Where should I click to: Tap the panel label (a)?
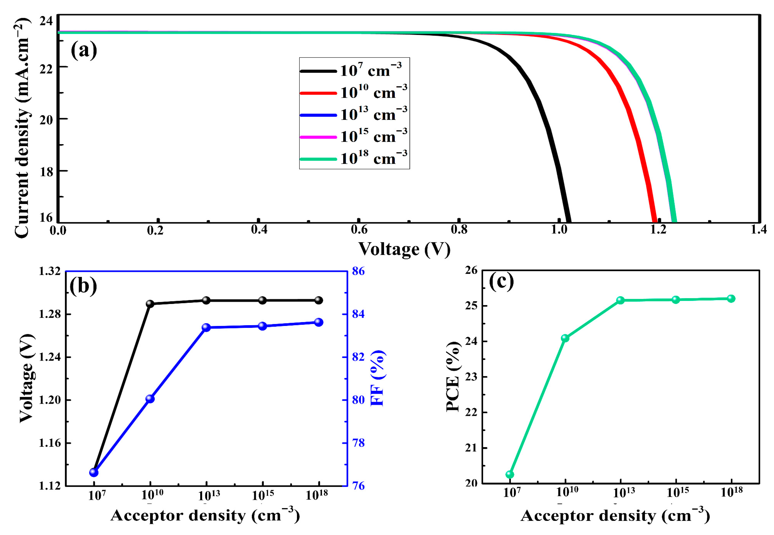point(83,50)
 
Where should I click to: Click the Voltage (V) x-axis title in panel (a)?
point(404,249)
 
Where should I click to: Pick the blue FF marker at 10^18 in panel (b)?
point(319,322)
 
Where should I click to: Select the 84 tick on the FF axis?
point(358,314)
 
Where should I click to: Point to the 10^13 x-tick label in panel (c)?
point(624,493)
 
